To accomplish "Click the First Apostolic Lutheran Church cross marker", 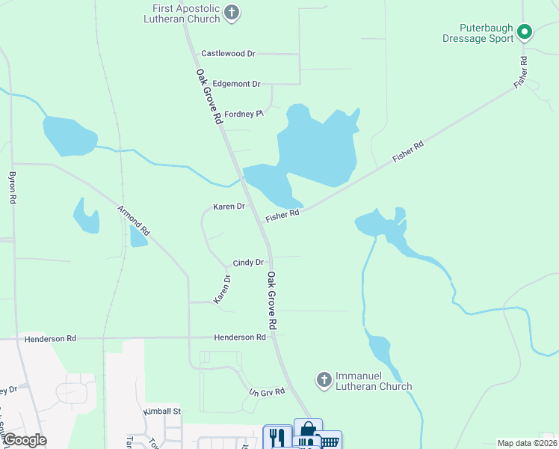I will click(232, 13).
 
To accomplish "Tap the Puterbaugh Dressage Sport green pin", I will click(525, 32).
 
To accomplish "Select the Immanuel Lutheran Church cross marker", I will click(324, 380).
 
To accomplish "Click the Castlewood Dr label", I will click(228, 54).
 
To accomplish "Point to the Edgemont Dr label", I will click(236, 84).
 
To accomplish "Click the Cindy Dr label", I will click(248, 263).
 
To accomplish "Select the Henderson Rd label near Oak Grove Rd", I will click(240, 337).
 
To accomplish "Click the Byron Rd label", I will click(12, 189).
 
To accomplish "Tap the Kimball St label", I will click(162, 412).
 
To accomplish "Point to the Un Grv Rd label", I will click(268, 392).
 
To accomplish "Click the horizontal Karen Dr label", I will click(229, 207).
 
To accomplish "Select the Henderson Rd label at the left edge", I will click(50, 338).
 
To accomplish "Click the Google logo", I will click(25, 440).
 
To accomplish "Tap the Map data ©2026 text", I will click(528, 443).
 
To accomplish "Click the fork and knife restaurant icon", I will click(277, 436).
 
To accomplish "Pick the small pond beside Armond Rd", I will click(138, 236).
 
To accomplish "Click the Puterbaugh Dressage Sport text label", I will click(478, 33).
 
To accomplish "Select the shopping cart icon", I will click(329, 441).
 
